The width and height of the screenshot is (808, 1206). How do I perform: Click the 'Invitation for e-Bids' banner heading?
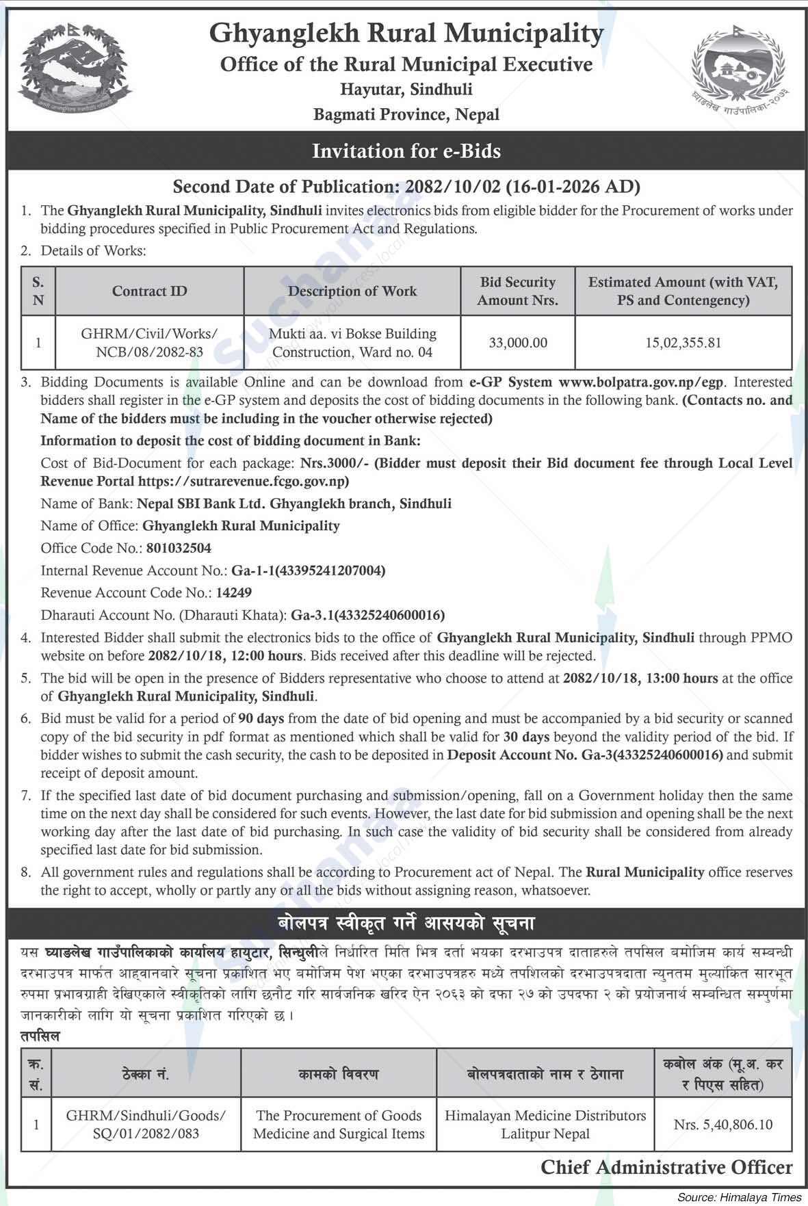coord(406,150)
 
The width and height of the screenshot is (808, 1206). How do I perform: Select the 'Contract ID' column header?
coord(149,291)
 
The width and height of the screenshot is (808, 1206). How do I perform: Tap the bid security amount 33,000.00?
coord(518,343)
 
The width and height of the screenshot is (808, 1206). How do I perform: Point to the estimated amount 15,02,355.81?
coord(683,343)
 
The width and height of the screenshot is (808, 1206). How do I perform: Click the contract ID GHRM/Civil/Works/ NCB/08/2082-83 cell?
coord(149,343)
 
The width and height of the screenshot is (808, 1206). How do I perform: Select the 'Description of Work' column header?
coord(352,291)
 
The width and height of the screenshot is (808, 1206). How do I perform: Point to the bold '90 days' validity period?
coord(261,718)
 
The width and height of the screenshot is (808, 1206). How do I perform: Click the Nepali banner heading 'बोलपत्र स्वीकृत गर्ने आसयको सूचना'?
coord(406,923)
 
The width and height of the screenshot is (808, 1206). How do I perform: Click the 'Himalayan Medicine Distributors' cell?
coord(545,1116)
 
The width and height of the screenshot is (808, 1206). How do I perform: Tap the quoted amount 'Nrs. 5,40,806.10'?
coord(723,1125)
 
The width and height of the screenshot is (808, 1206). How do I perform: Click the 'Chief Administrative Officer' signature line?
coord(666,1167)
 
